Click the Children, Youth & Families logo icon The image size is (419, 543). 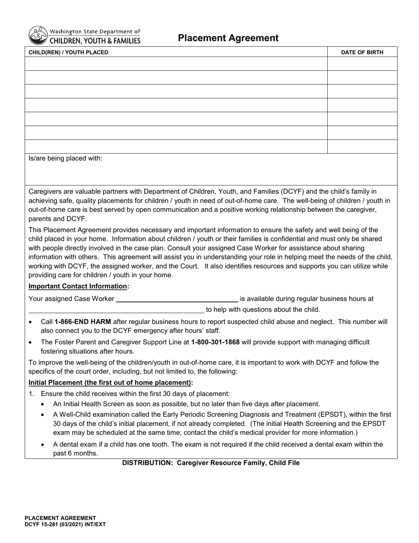[37, 35]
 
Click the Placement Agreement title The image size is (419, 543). [228, 38]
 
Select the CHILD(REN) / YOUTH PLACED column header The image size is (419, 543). [68, 53]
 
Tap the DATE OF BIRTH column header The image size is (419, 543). [362, 53]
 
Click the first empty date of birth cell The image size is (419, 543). [362, 64]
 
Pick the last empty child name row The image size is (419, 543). [176, 147]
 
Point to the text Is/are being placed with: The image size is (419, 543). [65, 158]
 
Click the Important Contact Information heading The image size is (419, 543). [79, 286]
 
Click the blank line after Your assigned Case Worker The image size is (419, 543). [176, 299]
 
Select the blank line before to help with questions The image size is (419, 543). [116, 309]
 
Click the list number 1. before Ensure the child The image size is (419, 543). [31, 394]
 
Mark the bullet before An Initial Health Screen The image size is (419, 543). [43, 404]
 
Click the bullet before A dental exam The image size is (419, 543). [43, 445]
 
